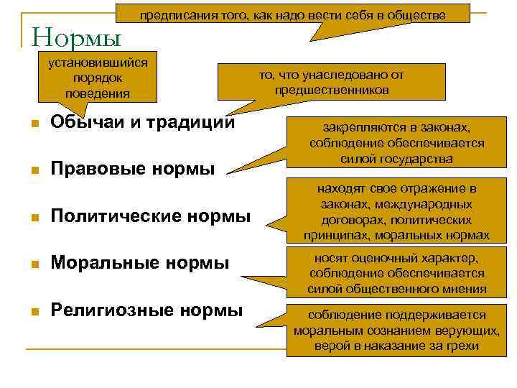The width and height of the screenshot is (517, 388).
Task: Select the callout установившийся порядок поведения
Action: point(97,78)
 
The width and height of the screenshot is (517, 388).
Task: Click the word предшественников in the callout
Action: point(331,90)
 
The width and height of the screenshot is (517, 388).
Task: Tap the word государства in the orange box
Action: point(417,159)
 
